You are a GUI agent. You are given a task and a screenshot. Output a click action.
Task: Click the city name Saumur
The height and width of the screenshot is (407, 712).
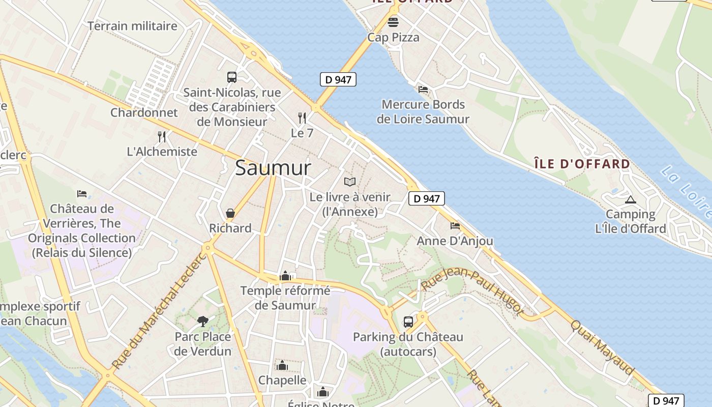(273, 167)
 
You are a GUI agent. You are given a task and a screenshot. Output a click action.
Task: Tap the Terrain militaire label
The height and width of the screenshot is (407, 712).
(132, 26)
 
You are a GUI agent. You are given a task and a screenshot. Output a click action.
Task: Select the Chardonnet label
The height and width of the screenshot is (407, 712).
(144, 112)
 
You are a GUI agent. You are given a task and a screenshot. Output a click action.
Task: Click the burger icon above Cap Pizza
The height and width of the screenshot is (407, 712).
(393, 22)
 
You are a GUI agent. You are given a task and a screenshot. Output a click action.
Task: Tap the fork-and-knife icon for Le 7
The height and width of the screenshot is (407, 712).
(302, 118)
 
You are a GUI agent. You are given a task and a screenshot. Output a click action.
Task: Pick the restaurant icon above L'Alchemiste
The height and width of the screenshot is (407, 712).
(162, 136)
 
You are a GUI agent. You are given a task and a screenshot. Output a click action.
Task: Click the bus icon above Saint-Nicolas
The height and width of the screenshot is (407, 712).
(232, 77)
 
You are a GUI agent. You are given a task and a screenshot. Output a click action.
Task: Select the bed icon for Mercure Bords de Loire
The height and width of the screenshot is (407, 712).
(423, 90)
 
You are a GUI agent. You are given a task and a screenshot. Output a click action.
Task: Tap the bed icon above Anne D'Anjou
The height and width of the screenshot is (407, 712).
(455, 225)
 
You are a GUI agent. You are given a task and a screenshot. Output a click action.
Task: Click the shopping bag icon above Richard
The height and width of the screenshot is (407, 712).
(230, 213)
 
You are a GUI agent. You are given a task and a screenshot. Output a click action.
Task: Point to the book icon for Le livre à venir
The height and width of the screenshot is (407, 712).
(350, 182)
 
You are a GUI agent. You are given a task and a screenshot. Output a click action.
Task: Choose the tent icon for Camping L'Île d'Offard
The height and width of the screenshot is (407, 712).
(631, 199)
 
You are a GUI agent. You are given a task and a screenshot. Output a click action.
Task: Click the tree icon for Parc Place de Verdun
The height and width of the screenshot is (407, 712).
(202, 321)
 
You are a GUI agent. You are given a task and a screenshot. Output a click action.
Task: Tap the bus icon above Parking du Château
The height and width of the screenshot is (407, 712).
(408, 322)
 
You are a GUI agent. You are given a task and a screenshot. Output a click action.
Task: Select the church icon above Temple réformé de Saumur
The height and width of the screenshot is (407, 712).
(285, 276)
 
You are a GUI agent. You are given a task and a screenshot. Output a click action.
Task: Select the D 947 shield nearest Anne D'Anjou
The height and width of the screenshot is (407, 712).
(427, 198)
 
